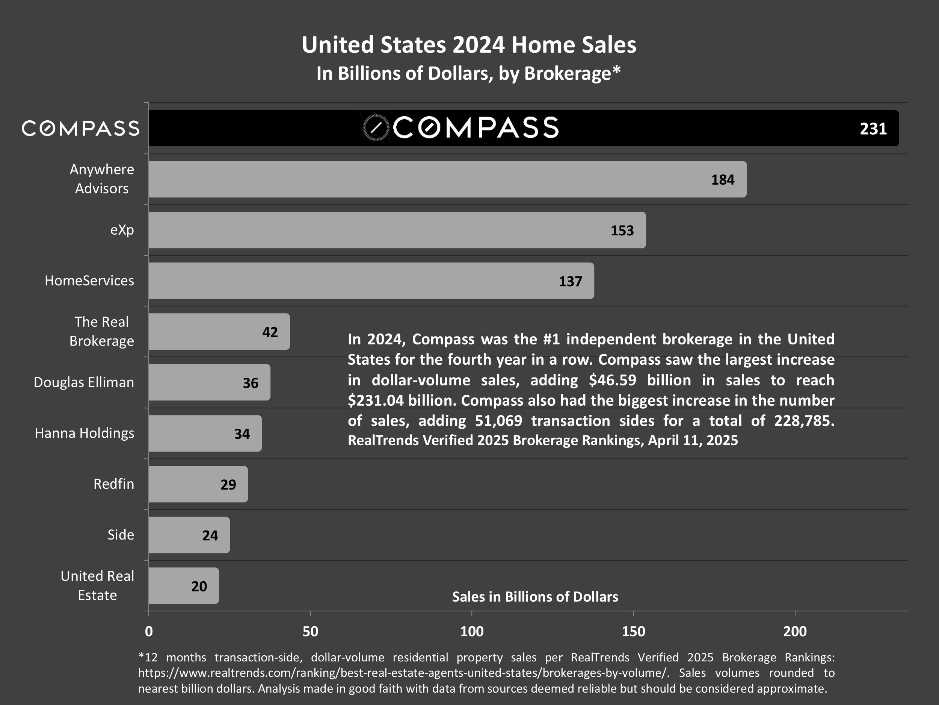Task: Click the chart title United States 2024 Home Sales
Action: (469, 45)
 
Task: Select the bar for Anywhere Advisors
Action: (447, 179)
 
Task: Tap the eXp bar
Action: (397, 230)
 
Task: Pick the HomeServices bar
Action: (371, 281)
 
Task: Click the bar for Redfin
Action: (198, 484)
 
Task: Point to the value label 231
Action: (873, 129)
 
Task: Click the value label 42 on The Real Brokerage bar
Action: (270, 332)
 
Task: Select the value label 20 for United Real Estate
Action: (199, 587)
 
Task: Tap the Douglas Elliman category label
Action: (84, 382)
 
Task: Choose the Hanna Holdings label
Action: (84, 433)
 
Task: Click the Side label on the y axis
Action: (121, 535)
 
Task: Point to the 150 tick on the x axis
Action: (633, 631)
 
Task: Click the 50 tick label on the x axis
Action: (310, 631)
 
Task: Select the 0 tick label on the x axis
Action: (149, 631)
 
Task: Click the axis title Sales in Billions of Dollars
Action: (535, 597)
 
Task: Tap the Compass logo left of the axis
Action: (80, 128)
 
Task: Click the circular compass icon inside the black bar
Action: (376, 127)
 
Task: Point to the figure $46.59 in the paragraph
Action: (613, 380)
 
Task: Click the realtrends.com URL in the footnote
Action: (403, 673)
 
